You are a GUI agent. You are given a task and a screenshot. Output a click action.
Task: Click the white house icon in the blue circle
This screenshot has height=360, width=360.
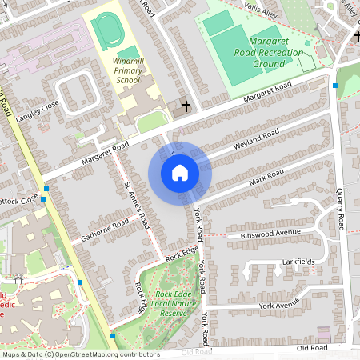(x=180, y=172)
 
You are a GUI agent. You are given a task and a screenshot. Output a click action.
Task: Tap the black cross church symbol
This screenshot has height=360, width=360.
(x=186, y=106)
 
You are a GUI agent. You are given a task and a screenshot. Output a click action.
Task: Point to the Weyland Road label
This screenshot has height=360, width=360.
(x=256, y=140)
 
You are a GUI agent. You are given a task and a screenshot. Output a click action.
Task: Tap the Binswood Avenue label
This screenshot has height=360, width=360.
(x=270, y=234)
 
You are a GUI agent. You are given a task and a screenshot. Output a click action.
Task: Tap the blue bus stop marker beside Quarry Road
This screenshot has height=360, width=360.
(x=335, y=85)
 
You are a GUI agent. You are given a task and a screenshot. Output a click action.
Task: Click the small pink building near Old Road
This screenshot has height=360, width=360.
(x=324, y=334)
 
